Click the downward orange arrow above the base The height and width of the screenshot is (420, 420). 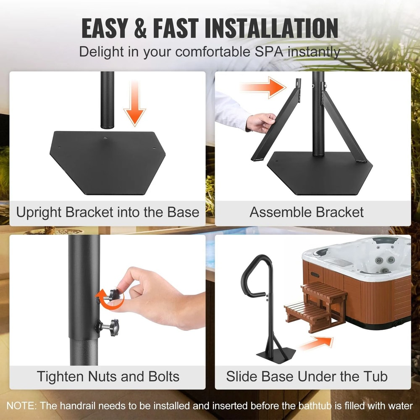(x=135, y=104)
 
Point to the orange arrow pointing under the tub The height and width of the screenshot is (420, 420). (x=316, y=343)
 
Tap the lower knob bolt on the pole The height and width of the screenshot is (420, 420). (x=108, y=327)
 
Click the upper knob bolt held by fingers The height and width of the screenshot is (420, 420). (x=111, y=295)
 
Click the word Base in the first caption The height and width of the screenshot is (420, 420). (x=183, y=212)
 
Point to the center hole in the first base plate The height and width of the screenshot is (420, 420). (x=105, y=138)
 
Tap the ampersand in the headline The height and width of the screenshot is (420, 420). (x=140, y=29)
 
